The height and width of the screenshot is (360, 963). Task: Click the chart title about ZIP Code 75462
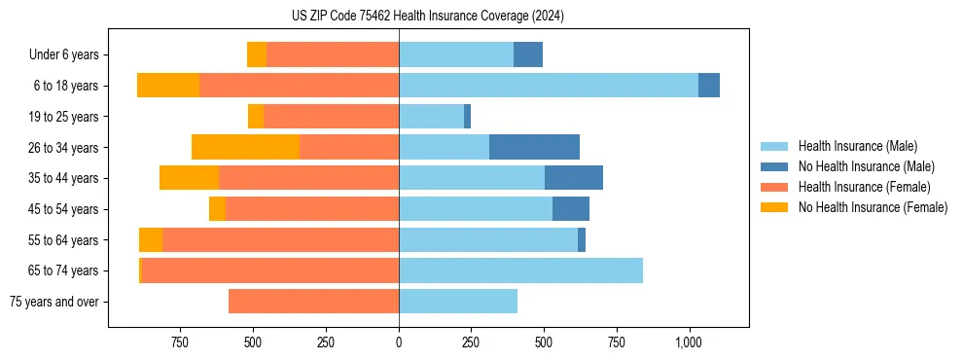428,17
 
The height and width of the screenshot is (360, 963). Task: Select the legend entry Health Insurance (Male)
858,146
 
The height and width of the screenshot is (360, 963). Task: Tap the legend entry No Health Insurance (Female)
873,207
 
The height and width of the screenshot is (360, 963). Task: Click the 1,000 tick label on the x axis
689,342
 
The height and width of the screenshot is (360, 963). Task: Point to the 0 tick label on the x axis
399,342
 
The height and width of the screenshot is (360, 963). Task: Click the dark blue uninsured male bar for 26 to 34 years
534,147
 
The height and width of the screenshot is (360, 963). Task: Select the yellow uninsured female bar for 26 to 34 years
245,147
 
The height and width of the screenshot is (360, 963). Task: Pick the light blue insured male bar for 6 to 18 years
549,86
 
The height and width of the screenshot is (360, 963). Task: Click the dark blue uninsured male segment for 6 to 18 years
709,86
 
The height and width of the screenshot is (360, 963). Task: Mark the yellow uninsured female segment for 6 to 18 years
168,86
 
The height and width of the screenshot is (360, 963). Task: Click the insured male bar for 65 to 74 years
520,270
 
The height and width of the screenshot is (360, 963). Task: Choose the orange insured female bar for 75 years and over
313,302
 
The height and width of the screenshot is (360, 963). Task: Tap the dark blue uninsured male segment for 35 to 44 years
574,178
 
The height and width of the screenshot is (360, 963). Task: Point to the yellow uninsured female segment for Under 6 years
257,54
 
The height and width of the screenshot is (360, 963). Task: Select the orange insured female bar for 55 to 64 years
280,240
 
